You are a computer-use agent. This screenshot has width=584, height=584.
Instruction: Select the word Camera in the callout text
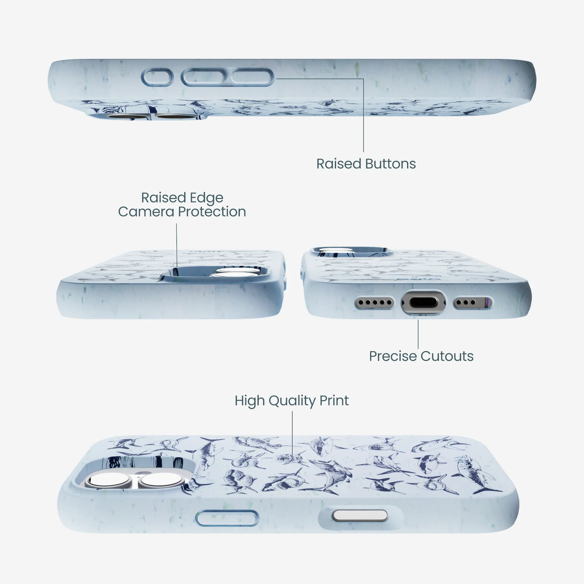pyautogui.click(x=146, y=212)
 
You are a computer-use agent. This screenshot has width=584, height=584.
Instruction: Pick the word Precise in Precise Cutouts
pyautogui.click(x=393, y=356)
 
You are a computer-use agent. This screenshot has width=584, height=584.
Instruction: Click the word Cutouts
pyautogui.click(x=447, y=356)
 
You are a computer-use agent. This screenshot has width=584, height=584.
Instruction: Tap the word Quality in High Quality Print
pyautogui.click(x=292, y=401)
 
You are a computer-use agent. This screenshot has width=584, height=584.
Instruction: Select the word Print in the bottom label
pyautogui.click(x=334, y=401)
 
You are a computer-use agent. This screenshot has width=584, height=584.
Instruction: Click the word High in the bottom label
pyautogui.click(x=250, y=401)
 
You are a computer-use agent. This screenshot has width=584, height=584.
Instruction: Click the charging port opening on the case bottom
pyautogui.click(x=423, y=302)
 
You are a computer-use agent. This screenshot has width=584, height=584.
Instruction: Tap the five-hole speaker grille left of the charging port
pyautogui.click(x=375, y=302)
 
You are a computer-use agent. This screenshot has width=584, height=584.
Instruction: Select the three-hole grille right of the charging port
pyautogui.click(x=473, y=302)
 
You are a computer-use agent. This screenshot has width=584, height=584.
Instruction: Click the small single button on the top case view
pyautogui.click(x=157, y=77)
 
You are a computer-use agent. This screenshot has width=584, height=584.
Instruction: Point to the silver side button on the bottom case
pyautogui.click(x=360, y=515)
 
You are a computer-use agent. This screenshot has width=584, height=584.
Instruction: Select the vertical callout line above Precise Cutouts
pyautogui.click(x=418, y=334)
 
